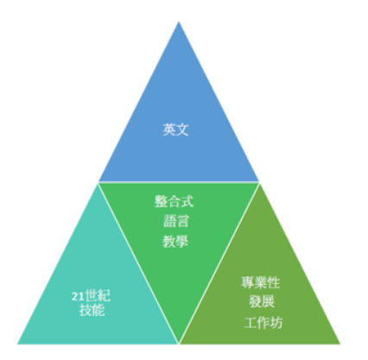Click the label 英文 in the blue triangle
pyautogui.click(x=175, y=129)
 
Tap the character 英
pyautogui.click(x=169, y=129)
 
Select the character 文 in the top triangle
pyautogui.click(x=182, y=129)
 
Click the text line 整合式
pyautogui.click(x=174, y=201)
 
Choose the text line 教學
pyautogui.click(x=175, y=241)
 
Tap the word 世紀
pyautogui.click(x=98, y=295)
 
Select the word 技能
pyautogui.click(x=92, y=310)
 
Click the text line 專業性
pyautogui.click(x=261, y=282)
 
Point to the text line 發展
pyautogui.click(x=262, y=301)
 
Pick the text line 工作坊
pyautogui.click(x=263, y=323)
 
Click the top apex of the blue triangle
pyautogui.click(x=179, y=22)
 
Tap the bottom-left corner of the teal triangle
pyautogui.click(x=17, y=344)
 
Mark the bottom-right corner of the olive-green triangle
pyautogui.click(x=340, y=344)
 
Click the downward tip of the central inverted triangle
pyautogui.click(x=179, y=343)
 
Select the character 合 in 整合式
pyautogui.click(x=174, y=201)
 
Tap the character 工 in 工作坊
pyautogui.click(x=251, y=323)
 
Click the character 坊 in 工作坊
pyautogui.click(x=276, y=323)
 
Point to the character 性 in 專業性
pyautogui.click(x=274, y=282)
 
